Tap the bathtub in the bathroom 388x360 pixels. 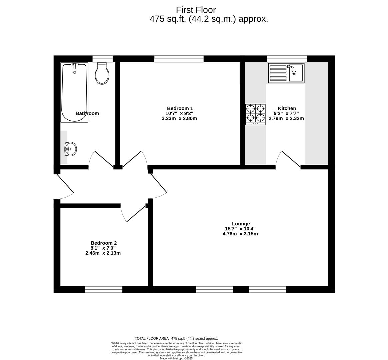[x=74, y=93]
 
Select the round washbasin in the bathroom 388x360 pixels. [x=71, y=149]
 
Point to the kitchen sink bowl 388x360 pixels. [x=295, y=73]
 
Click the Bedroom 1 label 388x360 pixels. [x=180, y=108]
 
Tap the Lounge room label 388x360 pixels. [x=241, y=224]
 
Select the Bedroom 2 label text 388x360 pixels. [x=103, y=243]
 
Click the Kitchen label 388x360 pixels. [x=287, y=108]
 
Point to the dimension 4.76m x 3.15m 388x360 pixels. [x=240, y=234]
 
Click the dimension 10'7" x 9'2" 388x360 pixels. [x=179, y=113]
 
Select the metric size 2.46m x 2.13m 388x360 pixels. [x=103, y=253]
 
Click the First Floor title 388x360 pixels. [x=196, y=10]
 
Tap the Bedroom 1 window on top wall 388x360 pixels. [x=179, y=59]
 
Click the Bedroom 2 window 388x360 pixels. [x=104, y=289]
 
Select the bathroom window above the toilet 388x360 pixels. [x=102, y=59]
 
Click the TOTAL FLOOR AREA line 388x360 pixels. [x=176, y=338]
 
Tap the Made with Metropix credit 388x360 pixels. [x=176, y=358]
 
